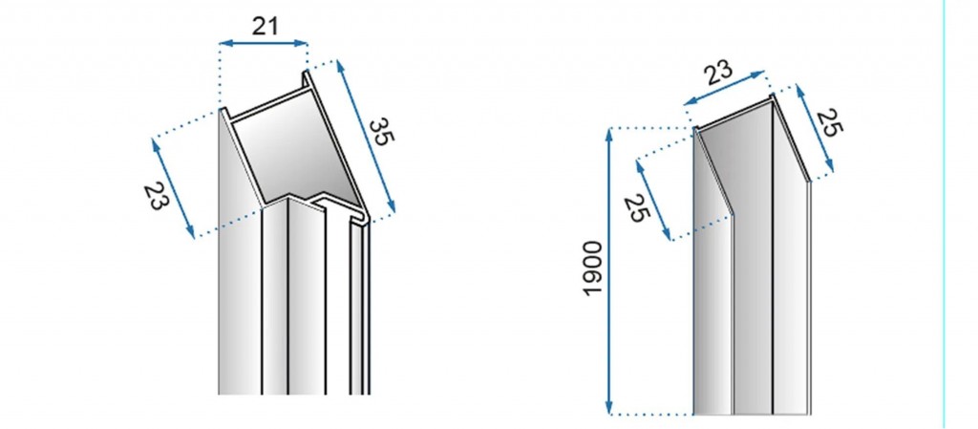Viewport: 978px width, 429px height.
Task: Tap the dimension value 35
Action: pos(381,131)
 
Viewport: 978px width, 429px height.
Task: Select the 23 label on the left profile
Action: pos(156,196)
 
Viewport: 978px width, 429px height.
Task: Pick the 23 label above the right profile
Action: pos(718,71)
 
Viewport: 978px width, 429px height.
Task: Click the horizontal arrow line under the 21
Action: pos(264,43)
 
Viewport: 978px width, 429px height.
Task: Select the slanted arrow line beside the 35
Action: pos(367,139)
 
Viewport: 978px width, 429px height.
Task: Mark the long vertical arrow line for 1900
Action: pos(609,272)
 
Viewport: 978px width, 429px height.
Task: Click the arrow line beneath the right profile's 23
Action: pos(727,88)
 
